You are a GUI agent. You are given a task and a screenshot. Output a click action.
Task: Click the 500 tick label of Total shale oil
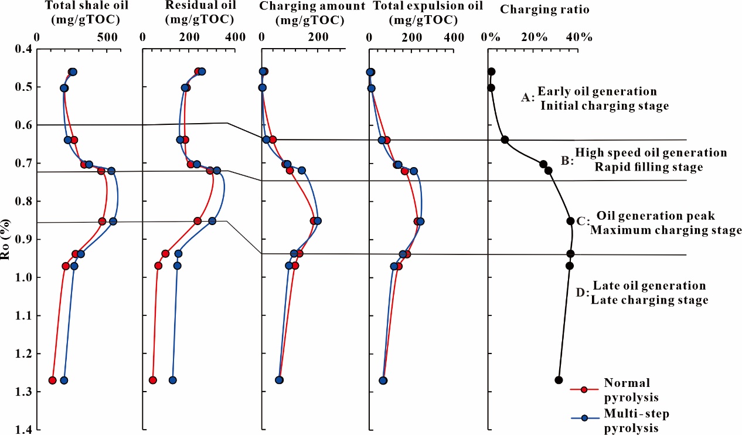(x=107, y=37)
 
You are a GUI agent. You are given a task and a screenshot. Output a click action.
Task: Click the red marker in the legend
(x=583, y=389)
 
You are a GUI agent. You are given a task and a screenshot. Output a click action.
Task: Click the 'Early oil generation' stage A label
(x=597, y=91)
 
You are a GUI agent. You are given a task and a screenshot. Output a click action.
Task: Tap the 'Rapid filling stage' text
(x=648, y=167)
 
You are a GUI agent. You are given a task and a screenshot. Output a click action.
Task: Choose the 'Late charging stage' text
(x=649, y=300)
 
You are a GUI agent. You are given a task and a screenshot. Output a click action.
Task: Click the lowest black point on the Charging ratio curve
(x=559, y=380)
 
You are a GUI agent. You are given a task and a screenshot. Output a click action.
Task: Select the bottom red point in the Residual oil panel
(x=153, y=380)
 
